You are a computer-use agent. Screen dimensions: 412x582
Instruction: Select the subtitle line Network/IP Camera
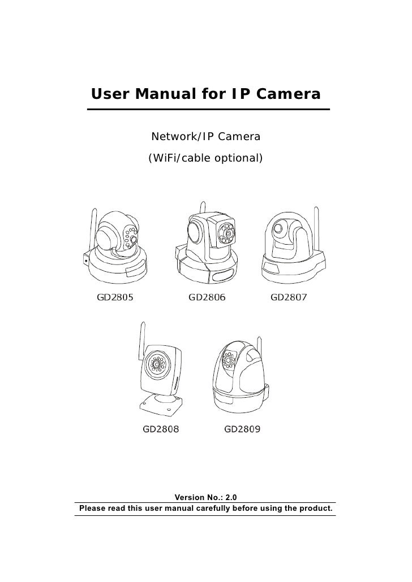click(x=205, y=137)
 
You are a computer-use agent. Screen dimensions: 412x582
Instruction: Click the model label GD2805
click(x=115, y=297)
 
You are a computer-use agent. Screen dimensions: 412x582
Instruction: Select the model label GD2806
click(x=207, y=297)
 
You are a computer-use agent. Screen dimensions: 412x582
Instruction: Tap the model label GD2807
click(x=289, y=297)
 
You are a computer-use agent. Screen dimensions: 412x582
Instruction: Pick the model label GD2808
click(x=161, y=429)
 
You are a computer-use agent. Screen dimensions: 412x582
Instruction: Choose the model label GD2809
click(x=242, y=429)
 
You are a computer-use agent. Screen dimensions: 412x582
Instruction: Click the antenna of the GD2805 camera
click(x=91, y=229)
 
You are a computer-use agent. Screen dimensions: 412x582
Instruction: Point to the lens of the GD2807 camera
click(x=278, y=229)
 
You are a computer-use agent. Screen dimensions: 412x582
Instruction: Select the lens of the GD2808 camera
click(x=154, y=364)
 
